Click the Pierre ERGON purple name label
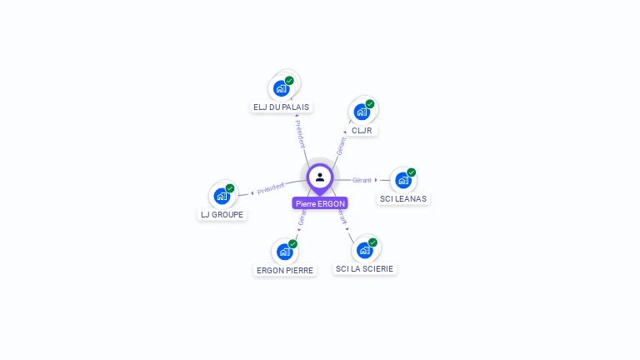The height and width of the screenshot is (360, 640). point(320,203)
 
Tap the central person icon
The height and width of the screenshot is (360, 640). point(320,177)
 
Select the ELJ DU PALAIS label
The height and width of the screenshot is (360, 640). point(281,107)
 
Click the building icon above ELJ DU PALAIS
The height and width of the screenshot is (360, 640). point(282,87)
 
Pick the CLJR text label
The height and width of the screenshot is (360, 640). point(362,130)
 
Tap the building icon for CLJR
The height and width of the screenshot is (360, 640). point(362,111)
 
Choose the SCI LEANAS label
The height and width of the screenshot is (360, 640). point(403,198)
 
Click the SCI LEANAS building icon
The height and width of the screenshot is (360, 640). point(403,179)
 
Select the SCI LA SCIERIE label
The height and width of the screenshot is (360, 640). point(365,268)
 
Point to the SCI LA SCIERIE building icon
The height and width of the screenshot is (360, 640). point(364,249)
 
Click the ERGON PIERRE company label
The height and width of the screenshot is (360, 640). point(285,270)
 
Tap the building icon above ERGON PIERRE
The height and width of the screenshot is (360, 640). point(284,251)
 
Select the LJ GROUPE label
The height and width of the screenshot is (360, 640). point(222,214)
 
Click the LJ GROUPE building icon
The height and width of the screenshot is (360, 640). point(222,195)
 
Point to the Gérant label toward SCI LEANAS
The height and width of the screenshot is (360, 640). point(362,180)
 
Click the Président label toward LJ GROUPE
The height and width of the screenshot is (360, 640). point(271,188)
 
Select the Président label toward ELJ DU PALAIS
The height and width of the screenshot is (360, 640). point(300,134)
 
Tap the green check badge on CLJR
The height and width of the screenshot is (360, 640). point(370,104)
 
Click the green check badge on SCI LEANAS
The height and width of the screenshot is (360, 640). point(412,172)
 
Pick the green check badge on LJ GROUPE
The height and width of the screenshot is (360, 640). point(230,188)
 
